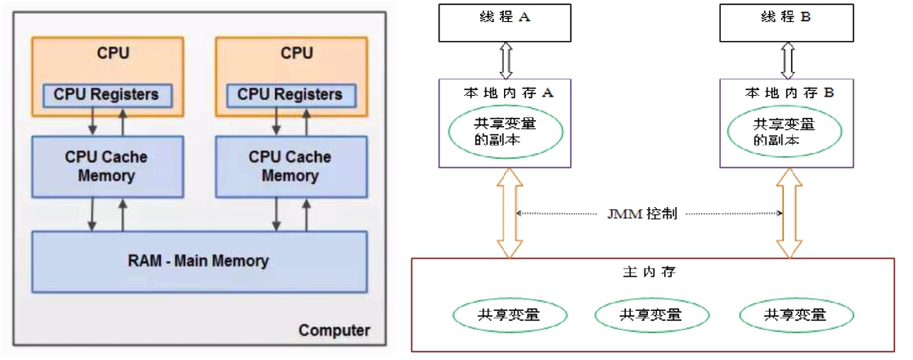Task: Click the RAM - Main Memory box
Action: pos(198,261)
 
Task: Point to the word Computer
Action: pos(334,331)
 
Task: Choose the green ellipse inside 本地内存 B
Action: pos(785,132)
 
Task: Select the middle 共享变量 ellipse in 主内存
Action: pos(650,314)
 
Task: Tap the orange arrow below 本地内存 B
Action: pos(789,213)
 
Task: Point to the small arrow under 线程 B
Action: pos(788,60)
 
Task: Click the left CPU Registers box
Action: pos(106,95)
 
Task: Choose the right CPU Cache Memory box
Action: pos(290,166)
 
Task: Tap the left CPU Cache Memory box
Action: pos(106,166)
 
